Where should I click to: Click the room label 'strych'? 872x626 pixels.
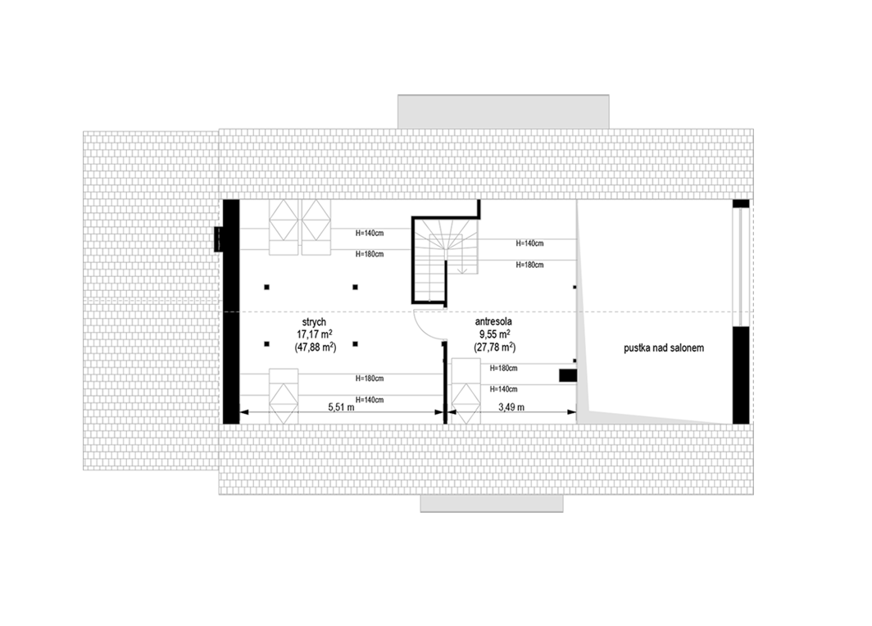pos(314,323)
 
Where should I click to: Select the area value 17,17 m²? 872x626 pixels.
pos(315,334)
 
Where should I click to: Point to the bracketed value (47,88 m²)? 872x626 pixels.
pos(315,347)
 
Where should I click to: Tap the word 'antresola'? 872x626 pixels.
pos(494,322)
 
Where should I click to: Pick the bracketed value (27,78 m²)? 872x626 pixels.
pos(494,347)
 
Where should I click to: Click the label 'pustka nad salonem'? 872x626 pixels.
pos(664,348)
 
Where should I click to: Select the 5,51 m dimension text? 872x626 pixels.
pos(341,407)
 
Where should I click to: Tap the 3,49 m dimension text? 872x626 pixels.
pos(511,407)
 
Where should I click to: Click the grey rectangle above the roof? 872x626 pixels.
pos(503,111)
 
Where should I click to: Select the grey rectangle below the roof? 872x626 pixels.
pos(492,503)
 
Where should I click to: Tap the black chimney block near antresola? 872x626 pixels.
pos(568,376)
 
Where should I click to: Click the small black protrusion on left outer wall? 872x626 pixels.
pos(219,239)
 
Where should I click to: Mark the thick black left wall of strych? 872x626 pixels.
pos(231,311)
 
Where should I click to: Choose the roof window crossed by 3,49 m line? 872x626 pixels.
pos(466,391)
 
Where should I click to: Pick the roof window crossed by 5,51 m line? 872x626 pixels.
pos(284,396)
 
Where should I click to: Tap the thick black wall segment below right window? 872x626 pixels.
pos(741,375)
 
